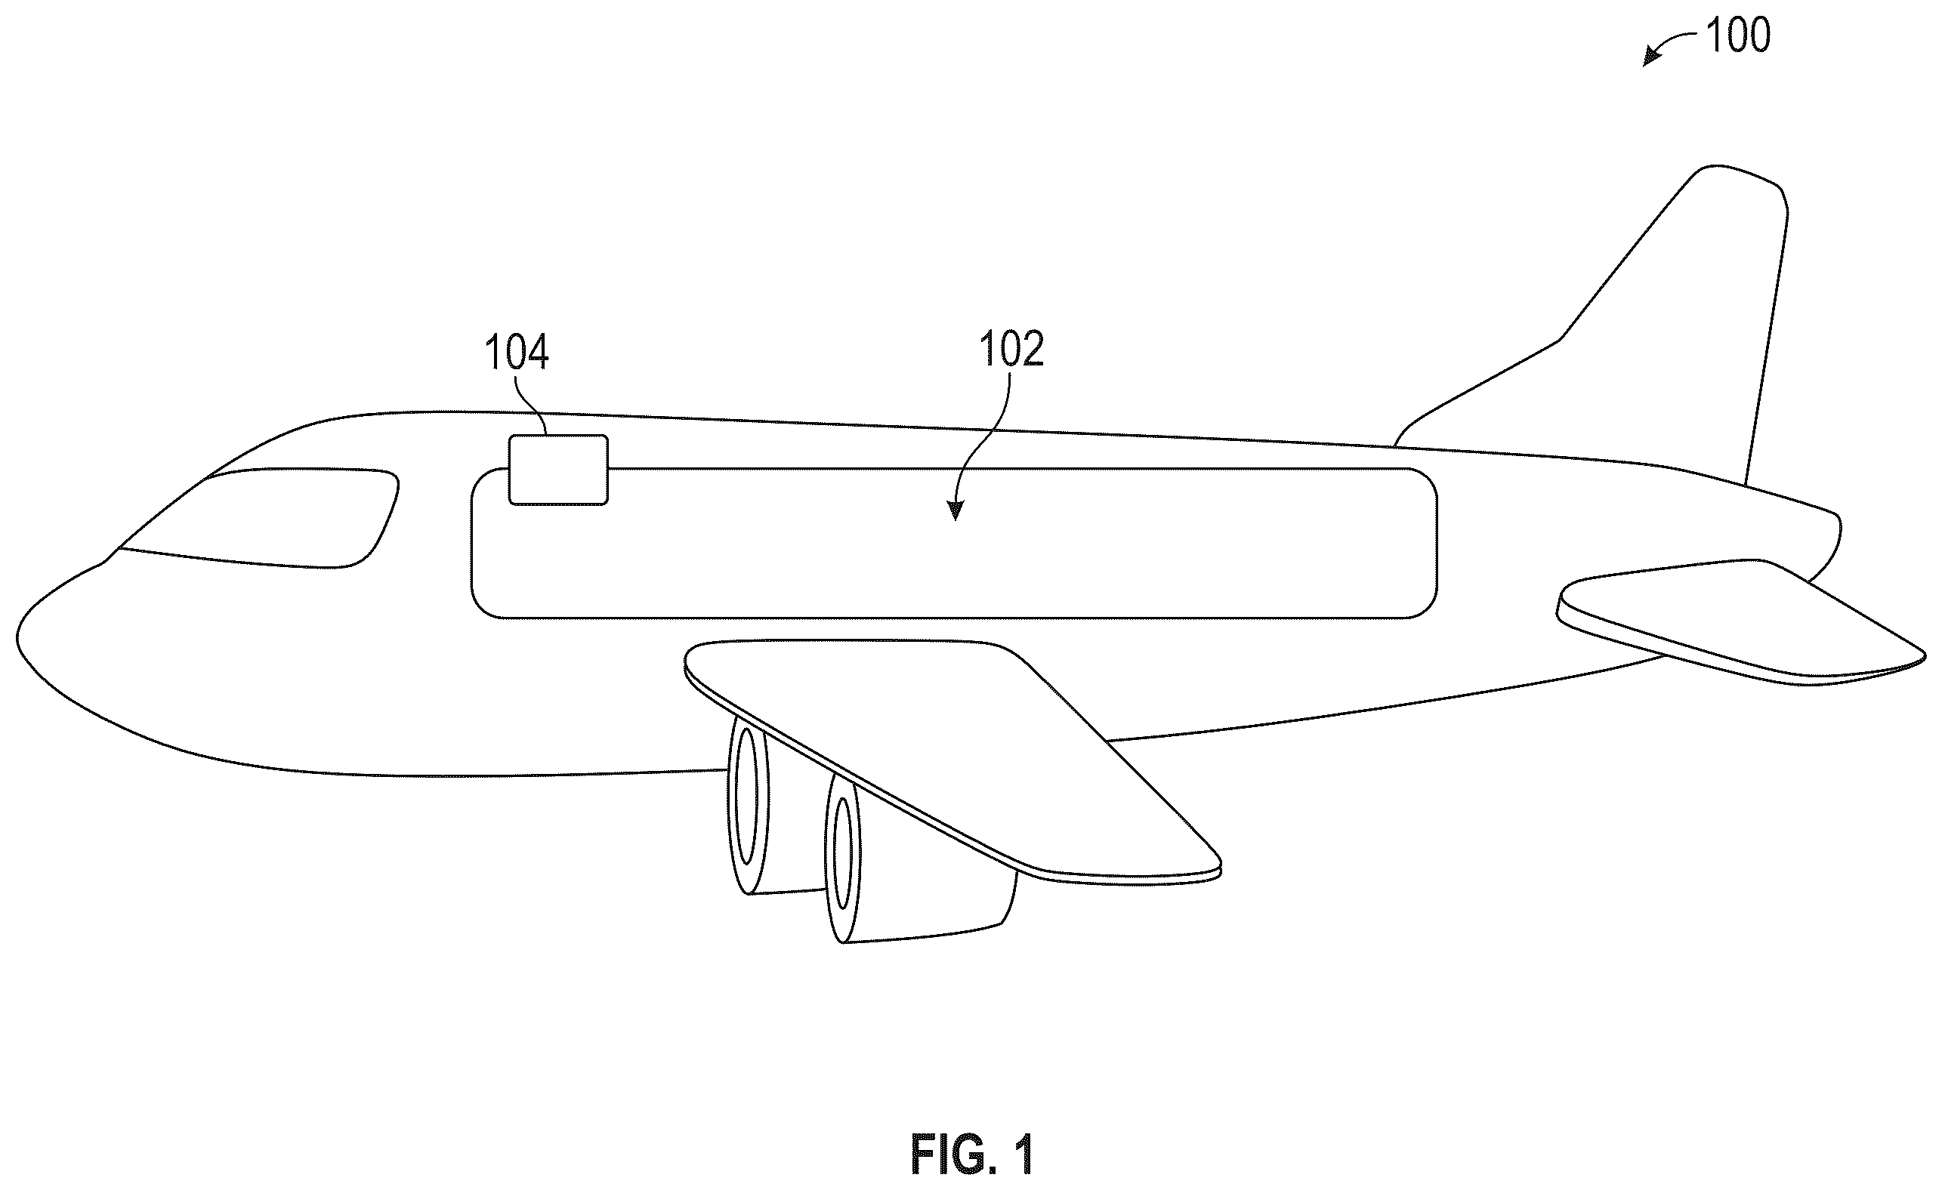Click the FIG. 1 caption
coord(972,1155)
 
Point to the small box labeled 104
coord(558,470)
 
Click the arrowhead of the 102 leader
coord(956,510)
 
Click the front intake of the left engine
coord(746,804)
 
